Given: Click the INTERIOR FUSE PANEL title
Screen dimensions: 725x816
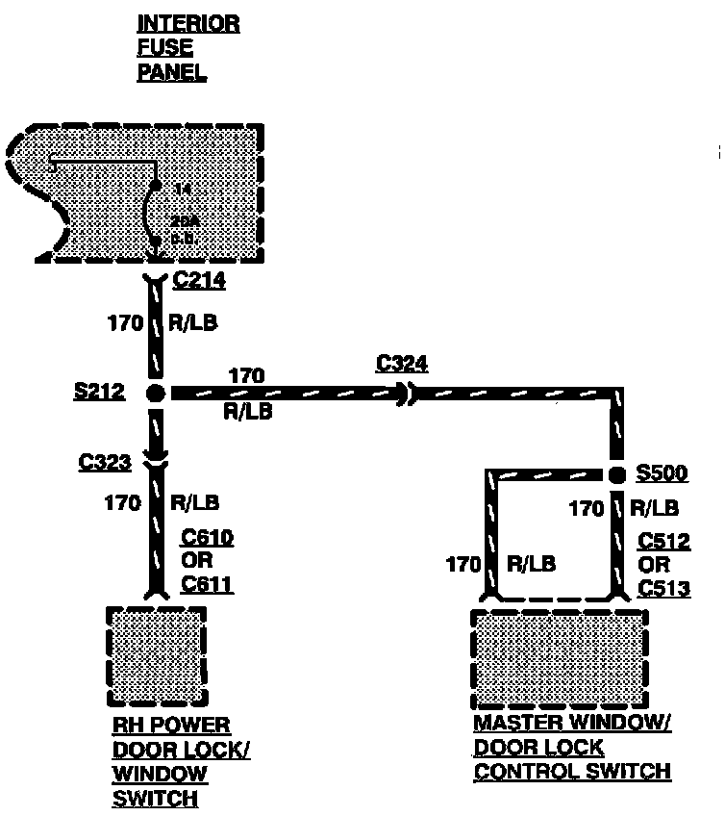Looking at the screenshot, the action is [x=187, y=47].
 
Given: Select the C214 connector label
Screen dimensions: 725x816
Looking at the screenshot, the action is [x=200, y=282].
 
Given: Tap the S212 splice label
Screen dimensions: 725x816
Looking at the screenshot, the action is [x=100, y=392].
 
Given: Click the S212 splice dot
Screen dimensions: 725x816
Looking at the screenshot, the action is [x=156, y=393].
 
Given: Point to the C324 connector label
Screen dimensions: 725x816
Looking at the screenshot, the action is [x=402, y=363].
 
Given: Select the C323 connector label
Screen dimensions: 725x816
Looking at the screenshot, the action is [x=105, y=463].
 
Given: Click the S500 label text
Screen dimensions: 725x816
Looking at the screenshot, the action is [x=662, y=474].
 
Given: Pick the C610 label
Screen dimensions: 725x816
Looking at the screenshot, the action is [x=207, y=539].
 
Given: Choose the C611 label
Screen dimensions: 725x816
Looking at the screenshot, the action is [x=207, y=583].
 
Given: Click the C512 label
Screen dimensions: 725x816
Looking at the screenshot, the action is [x=663, y=542].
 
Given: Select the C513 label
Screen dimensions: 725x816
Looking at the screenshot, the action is [x=663, y=586].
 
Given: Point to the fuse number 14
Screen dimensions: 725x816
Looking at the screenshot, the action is [x=182, y=191].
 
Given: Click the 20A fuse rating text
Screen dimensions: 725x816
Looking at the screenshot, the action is [x=184, y=221].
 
